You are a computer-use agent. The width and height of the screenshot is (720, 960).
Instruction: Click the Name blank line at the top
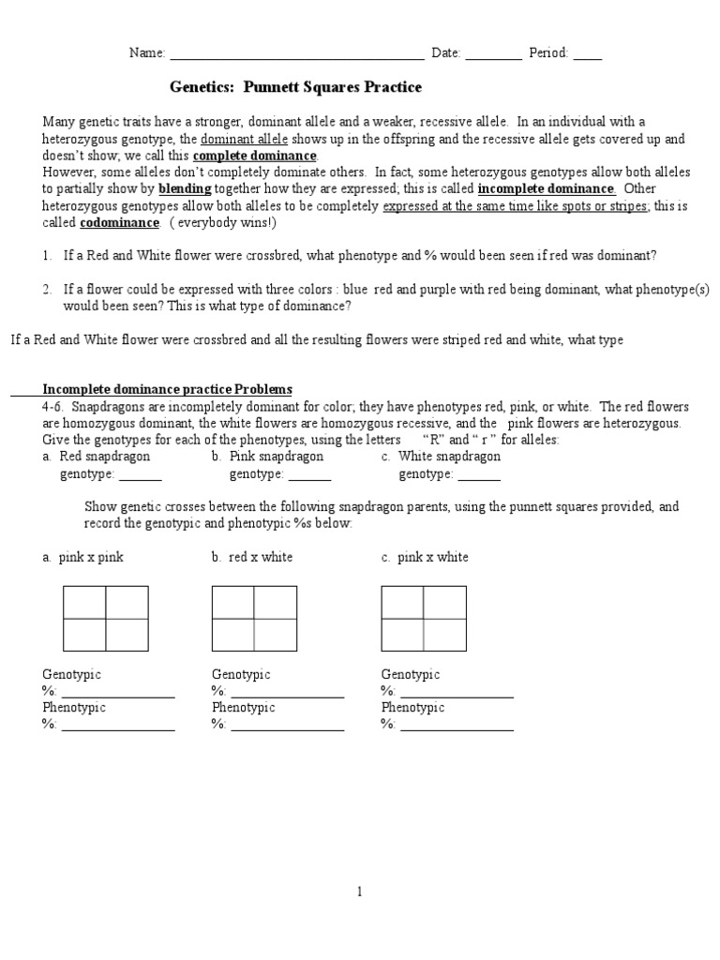click(295, 54)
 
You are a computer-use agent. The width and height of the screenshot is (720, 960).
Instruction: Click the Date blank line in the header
click(493, 54)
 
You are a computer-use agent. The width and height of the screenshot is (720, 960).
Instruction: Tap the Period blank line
click(588, 54)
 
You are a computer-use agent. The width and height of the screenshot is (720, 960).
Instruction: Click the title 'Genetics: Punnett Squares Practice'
click(295, 87)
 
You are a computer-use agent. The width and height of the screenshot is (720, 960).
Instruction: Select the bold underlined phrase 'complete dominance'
click(254, 156)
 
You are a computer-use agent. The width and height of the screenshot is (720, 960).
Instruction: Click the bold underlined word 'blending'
click(184, 187)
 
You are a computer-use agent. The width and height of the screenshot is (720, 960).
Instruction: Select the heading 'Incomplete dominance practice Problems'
click(168, 389)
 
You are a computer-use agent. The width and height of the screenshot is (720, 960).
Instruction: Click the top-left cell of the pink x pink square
click(84, 602)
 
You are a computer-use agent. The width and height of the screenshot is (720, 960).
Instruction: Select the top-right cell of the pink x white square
click(444, 602)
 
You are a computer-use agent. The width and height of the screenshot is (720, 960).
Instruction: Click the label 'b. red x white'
click(252, 557)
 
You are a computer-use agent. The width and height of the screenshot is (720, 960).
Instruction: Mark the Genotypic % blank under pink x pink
click(118, 694)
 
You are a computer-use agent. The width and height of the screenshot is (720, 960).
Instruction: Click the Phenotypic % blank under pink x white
click(457, 727)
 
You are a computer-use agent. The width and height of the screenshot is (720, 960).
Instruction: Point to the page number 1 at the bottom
click(359, 892)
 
